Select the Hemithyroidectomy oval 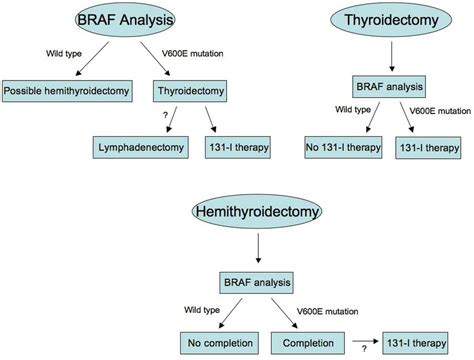coord(246,212)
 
